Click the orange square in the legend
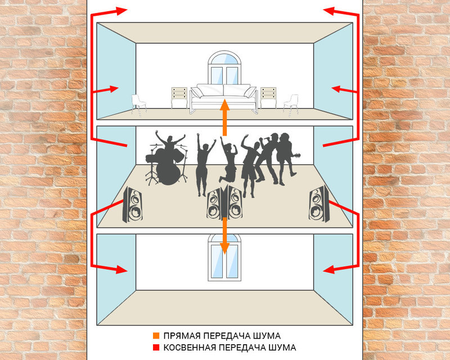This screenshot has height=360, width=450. (156, 335)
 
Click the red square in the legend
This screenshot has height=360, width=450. (156, 348)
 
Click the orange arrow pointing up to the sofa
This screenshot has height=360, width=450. (224, 117)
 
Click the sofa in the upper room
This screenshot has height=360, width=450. (224, 98)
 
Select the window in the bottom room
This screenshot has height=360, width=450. (224, 258)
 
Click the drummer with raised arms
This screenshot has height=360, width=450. (169, 143)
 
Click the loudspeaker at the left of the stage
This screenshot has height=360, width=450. (133, 204)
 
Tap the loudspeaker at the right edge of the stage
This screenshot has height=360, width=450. (318, 203)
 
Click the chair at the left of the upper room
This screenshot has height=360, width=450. (138, 105)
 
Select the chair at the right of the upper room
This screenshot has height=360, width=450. (291, 105)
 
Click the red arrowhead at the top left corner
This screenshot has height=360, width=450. (121, 11)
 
